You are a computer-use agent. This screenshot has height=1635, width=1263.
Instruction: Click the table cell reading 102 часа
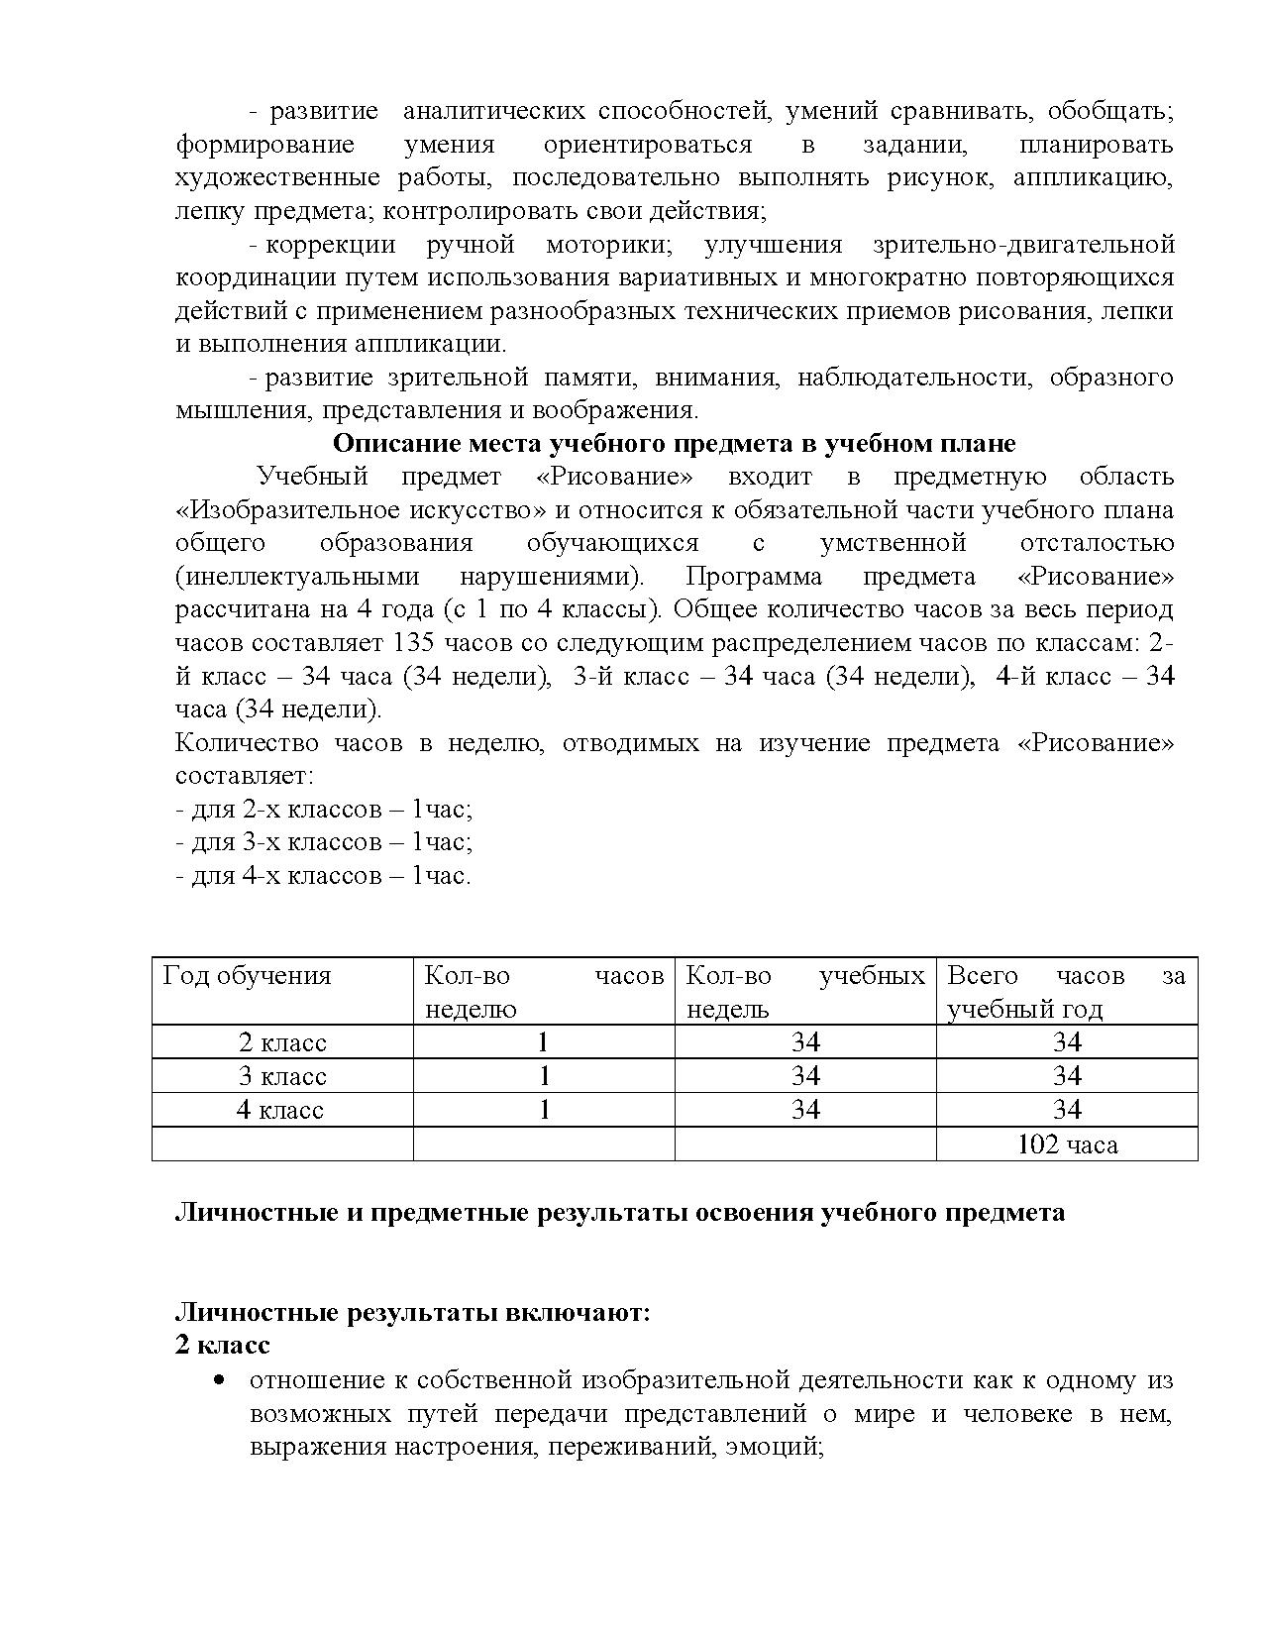(x=1067, y=1144)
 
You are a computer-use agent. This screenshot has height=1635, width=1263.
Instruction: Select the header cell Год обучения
(x=247, y=976)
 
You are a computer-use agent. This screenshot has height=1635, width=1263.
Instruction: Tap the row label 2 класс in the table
(x=282, y=1042)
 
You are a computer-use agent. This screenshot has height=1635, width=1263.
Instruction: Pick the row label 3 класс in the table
(x=282, y=1076)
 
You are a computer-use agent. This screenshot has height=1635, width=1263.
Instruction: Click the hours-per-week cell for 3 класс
(x=543, y=1076)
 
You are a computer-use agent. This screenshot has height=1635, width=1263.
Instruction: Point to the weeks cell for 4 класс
(x=805, y=1110)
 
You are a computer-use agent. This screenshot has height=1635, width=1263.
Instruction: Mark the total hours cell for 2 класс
(x=1067, y=1042)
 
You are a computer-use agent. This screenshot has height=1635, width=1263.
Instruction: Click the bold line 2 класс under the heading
(x=222, y=1346)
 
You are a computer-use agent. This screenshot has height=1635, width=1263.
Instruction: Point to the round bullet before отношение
(x=218, y=1381)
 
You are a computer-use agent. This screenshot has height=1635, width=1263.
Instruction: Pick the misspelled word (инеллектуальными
(x=297, y=576)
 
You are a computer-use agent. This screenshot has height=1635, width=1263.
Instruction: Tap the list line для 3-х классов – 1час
(x=323, y=842)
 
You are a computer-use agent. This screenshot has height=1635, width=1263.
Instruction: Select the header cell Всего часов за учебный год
(x=1066, y=992)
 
